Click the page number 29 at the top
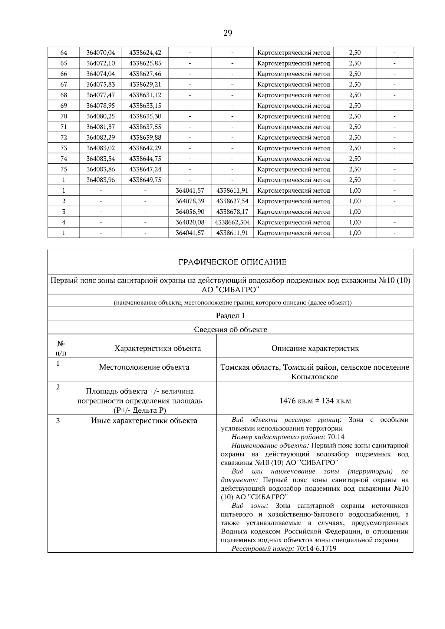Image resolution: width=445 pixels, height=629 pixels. pos(228,33)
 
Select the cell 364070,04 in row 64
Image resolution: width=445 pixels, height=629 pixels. pos(100,53)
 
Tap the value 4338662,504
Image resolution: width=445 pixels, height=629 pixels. pos(232,222)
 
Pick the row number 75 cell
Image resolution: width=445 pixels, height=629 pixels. pos(63,169)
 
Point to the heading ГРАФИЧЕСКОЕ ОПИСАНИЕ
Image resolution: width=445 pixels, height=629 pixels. pos(233,262)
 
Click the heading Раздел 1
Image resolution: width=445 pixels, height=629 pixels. pos(230,316)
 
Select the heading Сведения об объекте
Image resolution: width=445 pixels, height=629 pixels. pos(230,329)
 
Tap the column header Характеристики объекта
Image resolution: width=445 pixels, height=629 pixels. pos(158,348)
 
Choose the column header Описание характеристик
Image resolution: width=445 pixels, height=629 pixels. pos(315,348)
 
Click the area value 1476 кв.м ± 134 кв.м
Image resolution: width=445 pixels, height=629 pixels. pos(315,401)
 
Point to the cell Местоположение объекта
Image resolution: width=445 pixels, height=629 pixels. pos(144,367)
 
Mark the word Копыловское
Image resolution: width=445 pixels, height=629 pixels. pos(315,377)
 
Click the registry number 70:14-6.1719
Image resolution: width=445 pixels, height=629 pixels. pos(316,549)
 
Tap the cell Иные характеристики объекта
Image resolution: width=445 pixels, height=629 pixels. pos(144,420)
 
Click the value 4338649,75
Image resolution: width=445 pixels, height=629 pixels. pos(145,180)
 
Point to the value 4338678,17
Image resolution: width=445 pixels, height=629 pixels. pos(232,212)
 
